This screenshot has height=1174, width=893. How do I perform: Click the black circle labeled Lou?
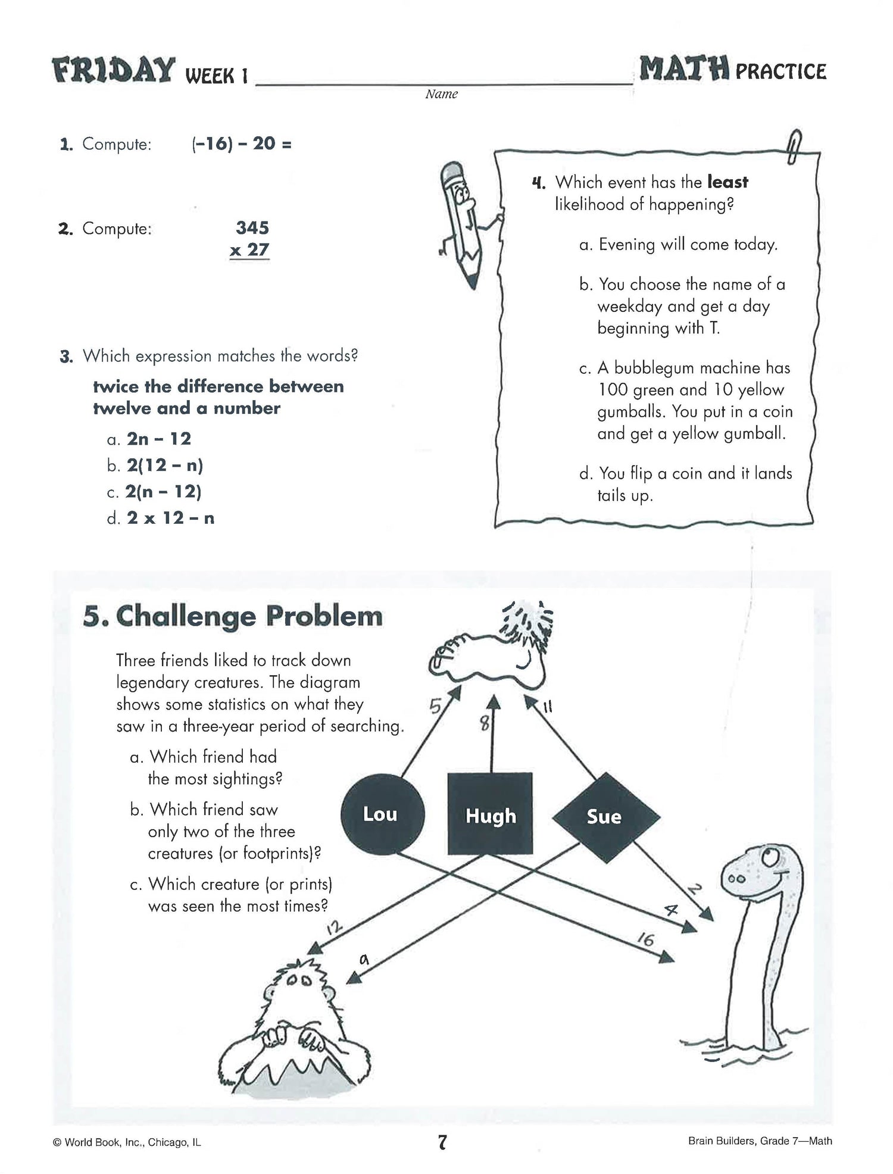pyautogui.click(x=382, y=814)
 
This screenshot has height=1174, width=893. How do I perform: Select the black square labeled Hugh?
pyautogui.click(x=490, y=814)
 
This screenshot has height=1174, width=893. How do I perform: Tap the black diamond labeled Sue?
pyautogui.click(x=605, y=816)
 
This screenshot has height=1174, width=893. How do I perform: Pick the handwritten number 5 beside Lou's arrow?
pyautogui.click(x=436, y=706)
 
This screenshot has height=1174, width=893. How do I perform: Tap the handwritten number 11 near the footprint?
pyautogui.click(x=547, y=707)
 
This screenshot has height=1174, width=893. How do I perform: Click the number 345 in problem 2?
pyautogui.click(x=252, y=227)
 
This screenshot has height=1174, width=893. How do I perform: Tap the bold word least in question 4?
pyautogui.click(x=727, y=182)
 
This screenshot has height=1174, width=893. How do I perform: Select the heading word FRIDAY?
pyautogui.click(x=114, y=71)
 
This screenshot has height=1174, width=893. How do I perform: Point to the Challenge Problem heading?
pyautogui.click(x=233, y=616)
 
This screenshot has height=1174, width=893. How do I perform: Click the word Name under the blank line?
pyautogui.click(x=442, y=94)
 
